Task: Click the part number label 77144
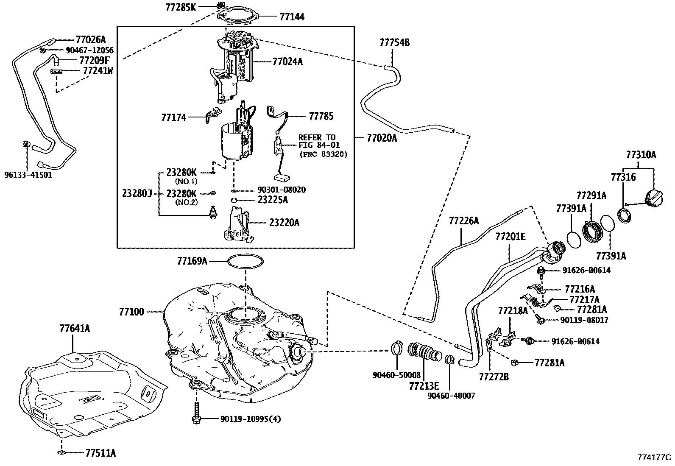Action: pos(292,17)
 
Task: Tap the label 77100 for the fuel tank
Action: pos(131,312)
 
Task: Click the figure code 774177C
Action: pos(654,457)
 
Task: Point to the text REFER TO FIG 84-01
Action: pos(317,141)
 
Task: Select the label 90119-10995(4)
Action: pos(251,419)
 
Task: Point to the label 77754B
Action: pos(394,42)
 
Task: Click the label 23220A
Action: pos(284,222)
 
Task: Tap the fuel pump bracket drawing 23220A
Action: pos(238,225)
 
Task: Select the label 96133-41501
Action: pos(28,174)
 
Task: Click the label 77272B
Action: pos(494,376)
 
